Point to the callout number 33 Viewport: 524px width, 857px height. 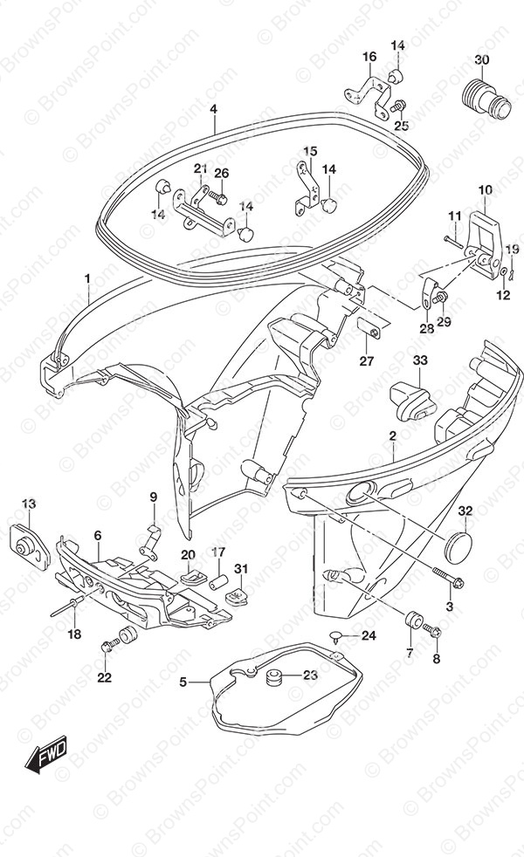click(421, 360)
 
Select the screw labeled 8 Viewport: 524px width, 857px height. click(431, 632)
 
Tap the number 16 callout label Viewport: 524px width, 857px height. click(369, 57)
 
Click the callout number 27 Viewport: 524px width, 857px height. click(367, 360)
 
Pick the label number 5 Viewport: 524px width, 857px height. click(183, 682)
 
